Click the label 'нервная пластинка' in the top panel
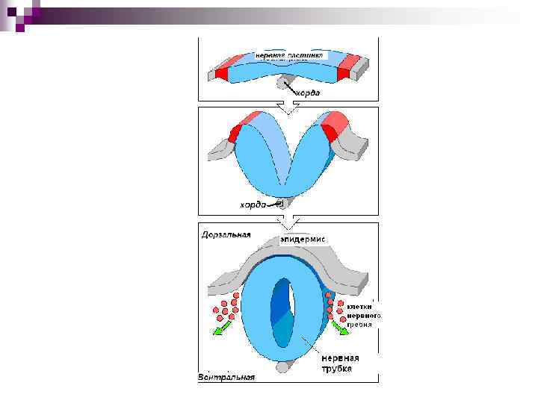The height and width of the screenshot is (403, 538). click(x=288, y=54)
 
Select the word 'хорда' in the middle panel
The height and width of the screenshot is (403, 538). click(x=253, y=204)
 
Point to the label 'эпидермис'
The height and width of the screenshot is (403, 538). click(x=303, y=240)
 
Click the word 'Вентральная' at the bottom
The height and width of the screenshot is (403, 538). click(x=226, y=377)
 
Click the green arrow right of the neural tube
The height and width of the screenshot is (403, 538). click(x=340, y=326)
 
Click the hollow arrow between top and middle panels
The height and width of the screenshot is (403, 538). click(x=284, y=107)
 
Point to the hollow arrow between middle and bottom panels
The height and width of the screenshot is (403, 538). click(x=284, y=222)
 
